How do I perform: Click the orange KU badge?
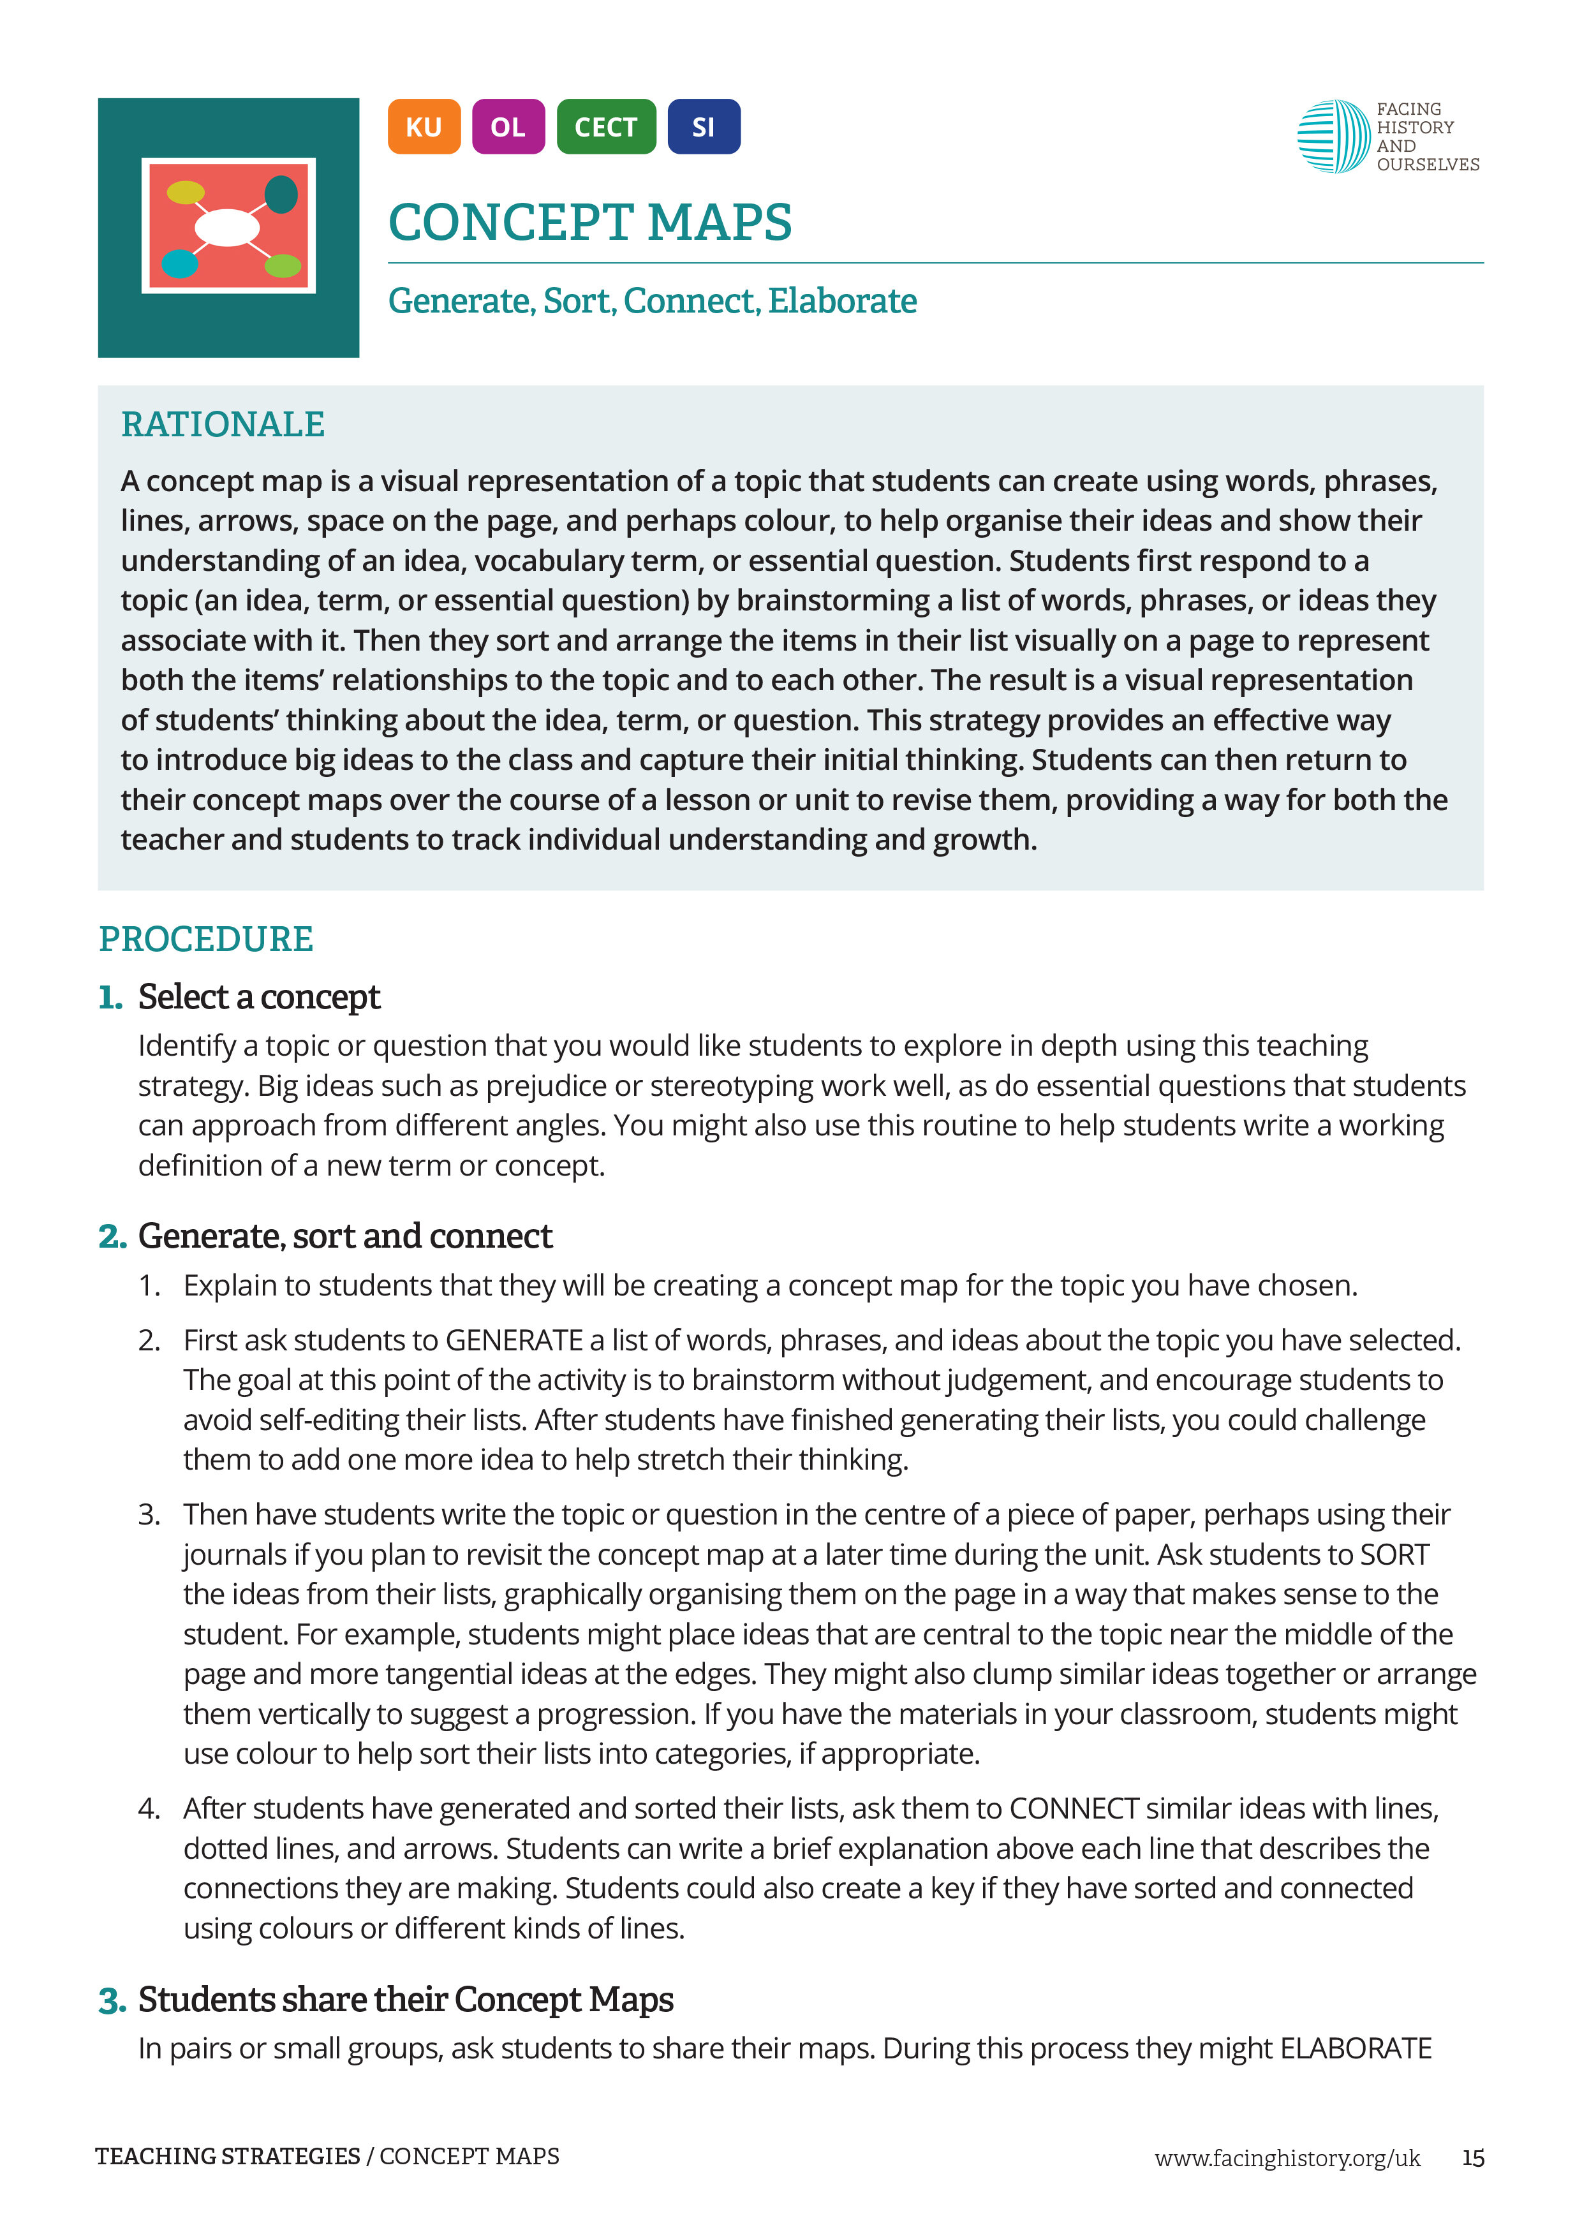click(423, 127)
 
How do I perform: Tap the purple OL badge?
click(508, 127)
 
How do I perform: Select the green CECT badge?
click(606, 127)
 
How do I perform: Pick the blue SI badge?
click(704, 127)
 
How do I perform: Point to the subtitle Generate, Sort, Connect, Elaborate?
click(652, 301)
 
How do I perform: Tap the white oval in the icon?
click(227, 227)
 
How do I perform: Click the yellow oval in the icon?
click(185, 192)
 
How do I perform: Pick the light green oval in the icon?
click(283, 265)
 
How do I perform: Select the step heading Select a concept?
click(258, 997)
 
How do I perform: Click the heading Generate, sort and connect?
click(345, 1236)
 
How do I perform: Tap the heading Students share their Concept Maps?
click(405, 1999)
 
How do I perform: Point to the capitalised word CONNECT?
click(1074, 1808)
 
